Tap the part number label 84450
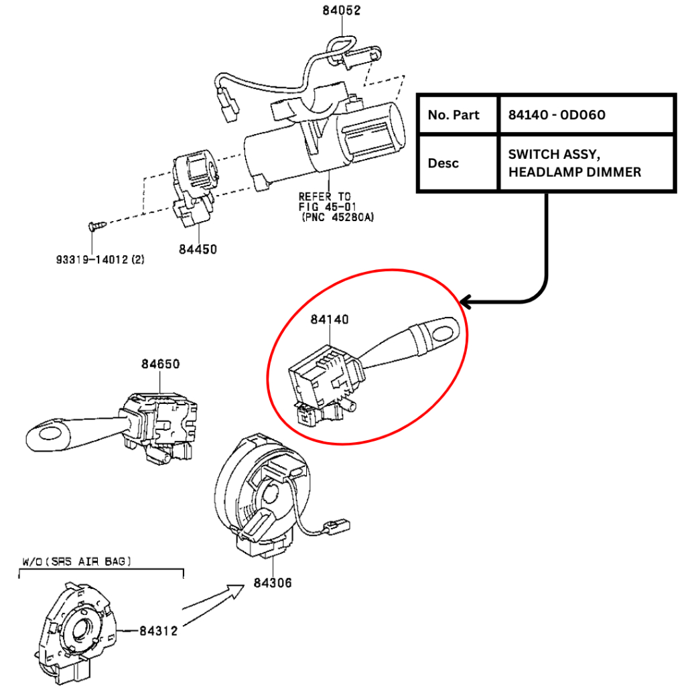coord(198,249)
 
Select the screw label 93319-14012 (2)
coord(100,258)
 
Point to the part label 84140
coord(329,320)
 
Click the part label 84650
coord(160,364)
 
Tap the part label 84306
coord(273,583)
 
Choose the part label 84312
coord(159,630)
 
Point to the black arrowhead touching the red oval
coord(467,303)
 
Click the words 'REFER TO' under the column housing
coord(324,196)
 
